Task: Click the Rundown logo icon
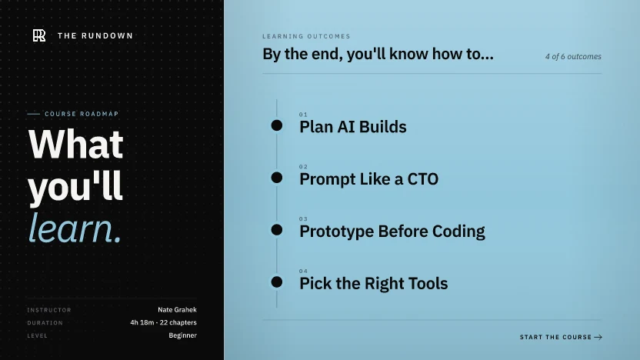[39, 35]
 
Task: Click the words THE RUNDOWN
[95, 36]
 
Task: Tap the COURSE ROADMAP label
[82, 114]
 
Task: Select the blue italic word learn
[75, 228]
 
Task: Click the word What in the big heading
[76, 144]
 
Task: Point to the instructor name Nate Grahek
[177, 310]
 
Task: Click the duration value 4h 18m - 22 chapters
[163, 322]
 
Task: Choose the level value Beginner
[182, 335]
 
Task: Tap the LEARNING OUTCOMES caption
[306, 36]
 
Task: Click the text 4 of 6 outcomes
[573, 57]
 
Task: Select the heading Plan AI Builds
[352, 127]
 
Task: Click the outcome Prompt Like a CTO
[368, 179]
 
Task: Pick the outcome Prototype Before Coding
[392, 232]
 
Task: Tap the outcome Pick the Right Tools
[374, 284]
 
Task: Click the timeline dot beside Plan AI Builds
[277, 125]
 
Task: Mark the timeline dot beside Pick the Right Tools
[277, 282]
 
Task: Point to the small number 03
[303, 219]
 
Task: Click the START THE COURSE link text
[555, 337]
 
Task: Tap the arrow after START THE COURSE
[598, 337]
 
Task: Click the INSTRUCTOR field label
[49, 310]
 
